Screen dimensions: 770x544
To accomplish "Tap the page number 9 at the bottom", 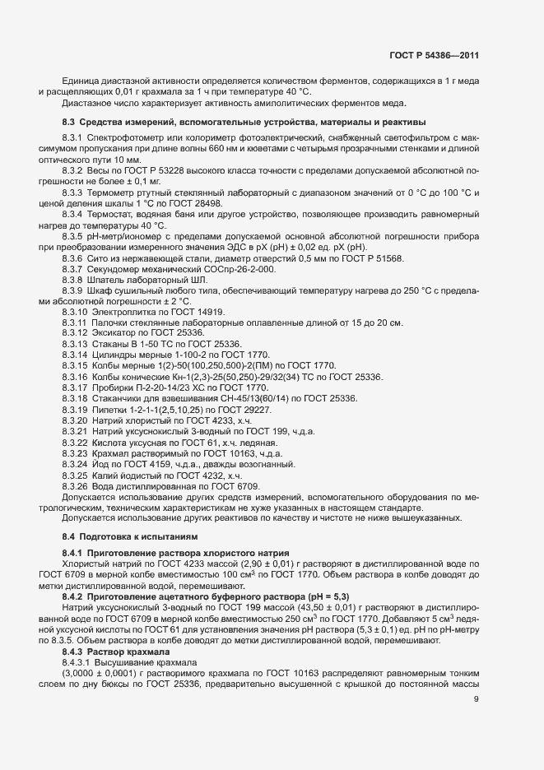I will pyautogui.click(x=477, y=700).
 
